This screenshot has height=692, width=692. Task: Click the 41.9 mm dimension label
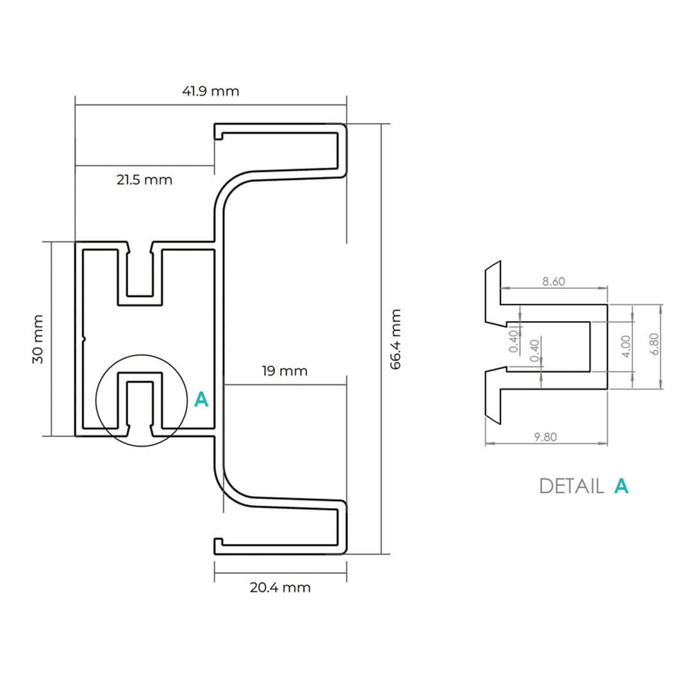coord(210,91)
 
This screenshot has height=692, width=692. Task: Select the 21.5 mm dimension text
coord(144,180)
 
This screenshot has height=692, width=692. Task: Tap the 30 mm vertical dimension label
coord(38,339)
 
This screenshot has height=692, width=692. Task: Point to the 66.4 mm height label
coord(395,339)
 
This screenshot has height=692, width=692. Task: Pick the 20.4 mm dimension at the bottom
coord(280,588)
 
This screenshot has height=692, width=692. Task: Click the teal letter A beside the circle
coord(201,400)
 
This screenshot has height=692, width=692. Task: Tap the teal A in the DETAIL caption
coord(621,486)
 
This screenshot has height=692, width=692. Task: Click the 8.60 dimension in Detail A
coord(553,282)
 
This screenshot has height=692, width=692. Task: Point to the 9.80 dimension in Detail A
coord(545,437)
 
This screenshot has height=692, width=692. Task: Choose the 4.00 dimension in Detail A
coord(627,346)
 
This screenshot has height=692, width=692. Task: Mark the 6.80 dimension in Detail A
coord(654,346)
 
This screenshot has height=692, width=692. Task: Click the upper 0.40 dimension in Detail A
coord(514,341)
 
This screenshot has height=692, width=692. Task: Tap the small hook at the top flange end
coord(218,133)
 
